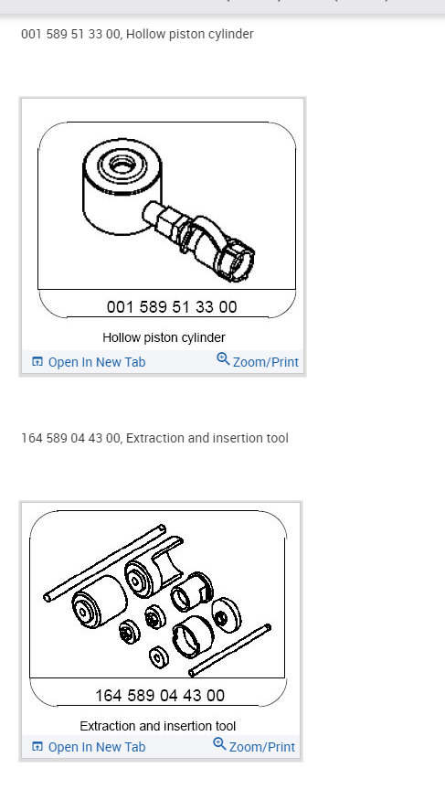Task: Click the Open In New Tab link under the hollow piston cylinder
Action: click(x=96, y=362)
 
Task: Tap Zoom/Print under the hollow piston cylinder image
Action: click(x=265, y=362)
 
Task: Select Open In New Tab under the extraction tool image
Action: click(x=96, y=747)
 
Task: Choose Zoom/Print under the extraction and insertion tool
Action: click(x=261, y=747)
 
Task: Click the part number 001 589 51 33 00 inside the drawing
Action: click(x=172, y=307)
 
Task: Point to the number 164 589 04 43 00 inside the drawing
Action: click(x=160, y=696)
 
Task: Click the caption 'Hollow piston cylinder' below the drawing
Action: click(x=164, y=337)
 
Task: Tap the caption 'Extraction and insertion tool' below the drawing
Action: click(x=157, y=726)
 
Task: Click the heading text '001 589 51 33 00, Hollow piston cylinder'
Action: click(x=137, y=34)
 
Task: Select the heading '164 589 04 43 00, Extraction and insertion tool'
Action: click(x=154, y=438)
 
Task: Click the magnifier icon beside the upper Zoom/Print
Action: click(x=223, y=359)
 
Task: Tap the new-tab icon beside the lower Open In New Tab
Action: click(x=37, y=747)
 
